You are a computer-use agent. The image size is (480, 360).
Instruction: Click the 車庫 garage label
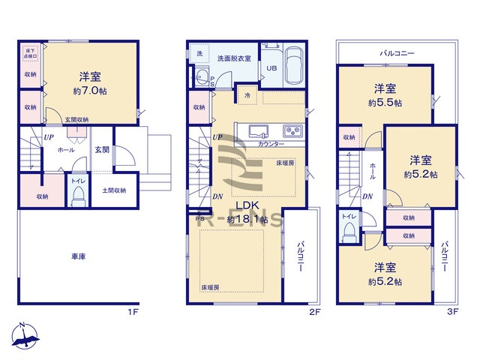(78, 257)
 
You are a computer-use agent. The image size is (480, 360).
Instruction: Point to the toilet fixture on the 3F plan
(348, 232)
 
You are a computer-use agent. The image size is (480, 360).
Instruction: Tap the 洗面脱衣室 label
(234, 58)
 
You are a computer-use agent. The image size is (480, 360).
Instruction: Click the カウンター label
(270, 142)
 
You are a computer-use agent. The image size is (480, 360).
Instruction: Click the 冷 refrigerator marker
(247, 96)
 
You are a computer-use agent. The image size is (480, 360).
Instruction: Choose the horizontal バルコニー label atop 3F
(397, 53)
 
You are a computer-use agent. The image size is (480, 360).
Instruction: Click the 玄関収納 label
(76, 119)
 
